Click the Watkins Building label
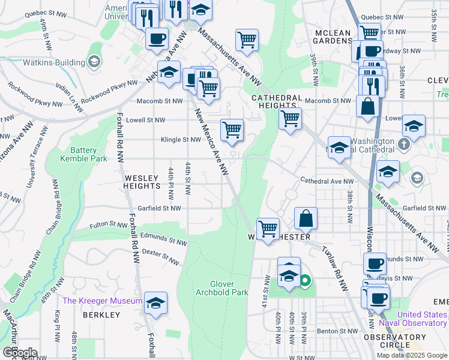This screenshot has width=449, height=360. pyautogui.click(x=52, y=62)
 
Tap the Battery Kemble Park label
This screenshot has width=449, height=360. pyautogui.click(x=83, y=154)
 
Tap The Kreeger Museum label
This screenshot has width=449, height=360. pyautogui.click(x=103, y=301)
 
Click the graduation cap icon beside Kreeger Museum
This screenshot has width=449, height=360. pyautogui.click(x=155, y=303)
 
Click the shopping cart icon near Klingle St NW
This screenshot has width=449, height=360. pyautogui.click(x=232, y=130)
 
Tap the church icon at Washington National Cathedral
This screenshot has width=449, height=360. pyautogui.click(x=404, y=144)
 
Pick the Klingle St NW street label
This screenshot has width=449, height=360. pyautogui.click(x=181, y=140)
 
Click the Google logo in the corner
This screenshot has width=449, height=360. pyautogui.click(x=19, y=353)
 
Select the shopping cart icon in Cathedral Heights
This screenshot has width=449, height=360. pyautogui.click(x=290, y=119)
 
